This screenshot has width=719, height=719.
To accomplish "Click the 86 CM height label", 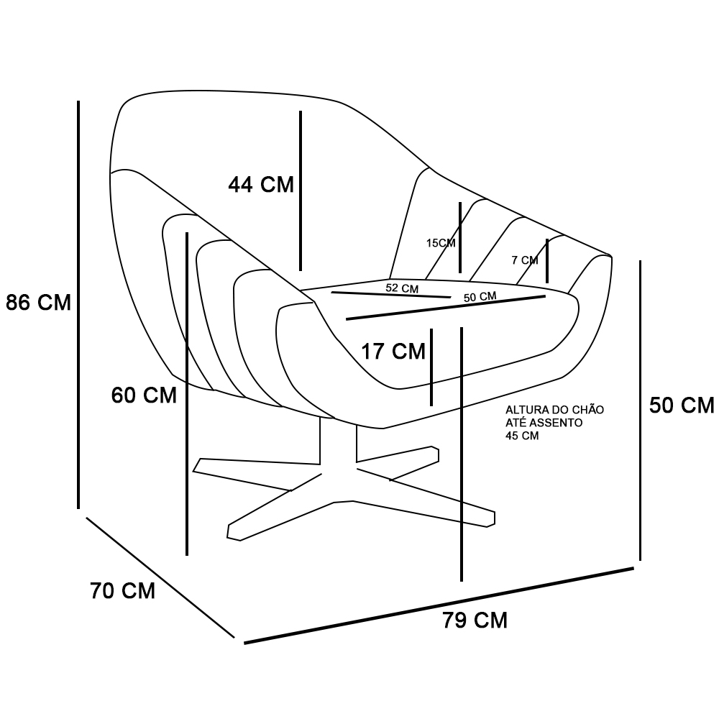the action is [39, 303].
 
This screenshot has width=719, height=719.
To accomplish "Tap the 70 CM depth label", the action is [123, 590].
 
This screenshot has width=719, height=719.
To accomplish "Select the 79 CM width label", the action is [475, 620].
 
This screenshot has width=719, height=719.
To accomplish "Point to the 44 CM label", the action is [261, 185].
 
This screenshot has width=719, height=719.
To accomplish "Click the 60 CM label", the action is [144, 395].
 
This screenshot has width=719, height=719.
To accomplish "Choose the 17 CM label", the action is [393, 352].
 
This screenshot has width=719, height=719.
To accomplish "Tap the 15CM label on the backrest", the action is [441, 243].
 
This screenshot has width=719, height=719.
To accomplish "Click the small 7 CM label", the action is [525, 260].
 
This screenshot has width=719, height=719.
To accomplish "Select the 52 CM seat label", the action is [402, 288].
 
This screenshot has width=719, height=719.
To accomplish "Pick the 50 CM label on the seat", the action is [480, 297].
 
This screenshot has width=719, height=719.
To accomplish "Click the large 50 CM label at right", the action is [682, 406].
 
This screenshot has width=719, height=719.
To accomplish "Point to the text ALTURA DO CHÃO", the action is [554, 410].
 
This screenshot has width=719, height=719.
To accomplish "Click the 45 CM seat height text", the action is [522, 436].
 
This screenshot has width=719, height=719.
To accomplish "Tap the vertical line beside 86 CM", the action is [78, 304].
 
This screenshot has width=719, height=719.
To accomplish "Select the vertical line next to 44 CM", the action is [301, 191].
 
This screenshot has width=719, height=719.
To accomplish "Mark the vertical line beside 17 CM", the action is [431, 367].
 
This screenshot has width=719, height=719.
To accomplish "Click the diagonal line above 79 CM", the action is [439, 605].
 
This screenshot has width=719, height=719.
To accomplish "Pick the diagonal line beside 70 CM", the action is [160, 577].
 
